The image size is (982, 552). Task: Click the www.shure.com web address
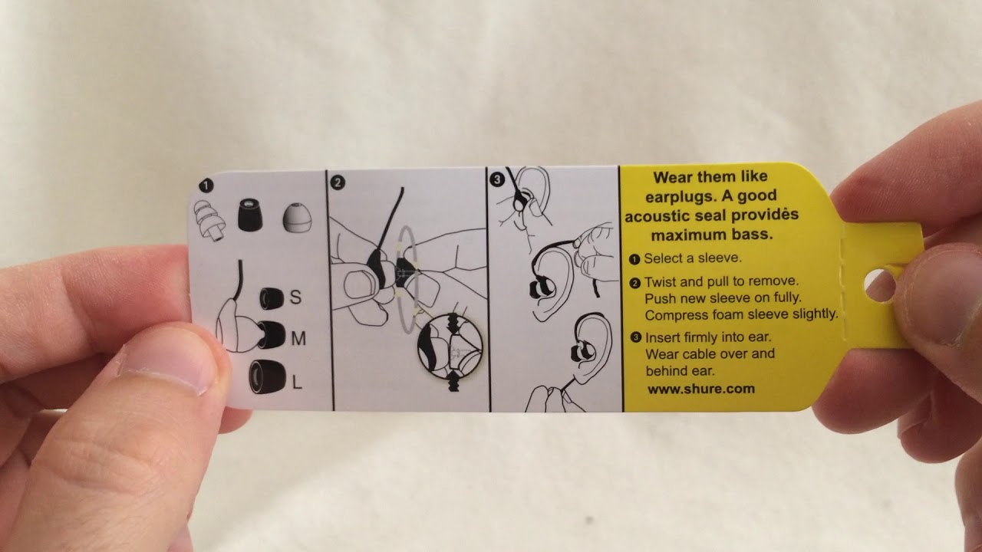pos(700,389)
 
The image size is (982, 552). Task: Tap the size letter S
pos(296,297)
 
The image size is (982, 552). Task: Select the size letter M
pos(298,338)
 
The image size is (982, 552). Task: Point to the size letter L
pos(297,383)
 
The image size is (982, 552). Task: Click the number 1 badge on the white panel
pos(206,186)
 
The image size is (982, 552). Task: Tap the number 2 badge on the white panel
pos(337,182)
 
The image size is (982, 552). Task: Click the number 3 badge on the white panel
pos(496,179)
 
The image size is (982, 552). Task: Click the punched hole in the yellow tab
pos(879,286)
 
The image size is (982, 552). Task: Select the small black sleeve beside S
pos(272,298)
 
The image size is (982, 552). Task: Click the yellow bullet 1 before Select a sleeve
pos(634,259)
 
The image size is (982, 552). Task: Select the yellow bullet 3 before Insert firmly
pos(636,337)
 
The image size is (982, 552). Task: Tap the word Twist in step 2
pos(663,281)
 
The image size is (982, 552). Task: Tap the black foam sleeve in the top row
pos(250,215)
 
